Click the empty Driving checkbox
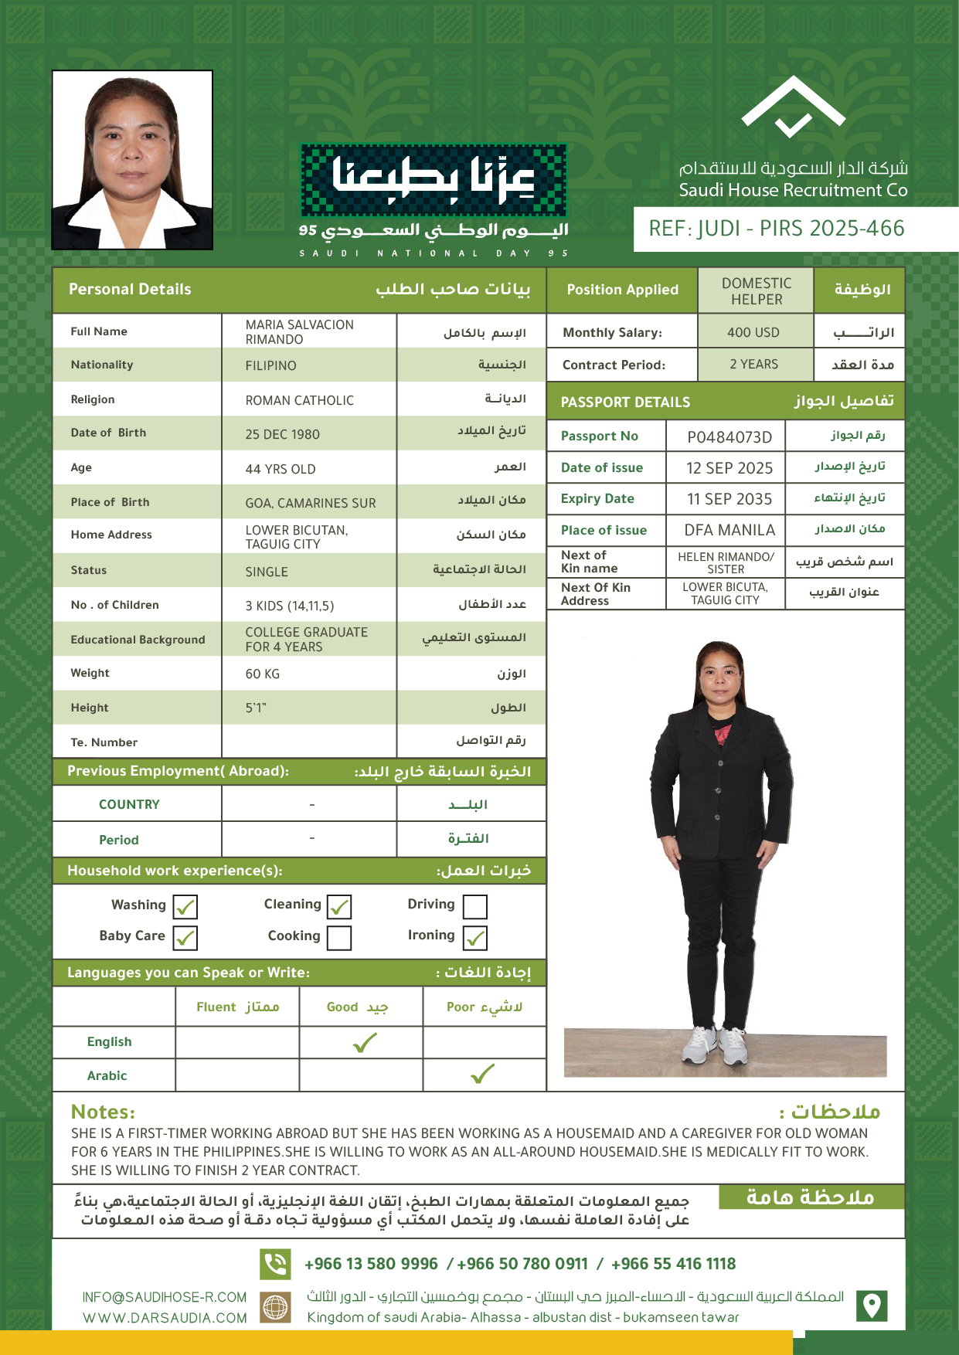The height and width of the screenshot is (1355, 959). (x=474, y=906)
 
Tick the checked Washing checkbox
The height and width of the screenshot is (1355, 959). (x=185, y=906)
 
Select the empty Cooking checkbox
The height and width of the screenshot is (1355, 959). (x=338, y=938)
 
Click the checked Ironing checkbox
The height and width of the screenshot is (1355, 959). (x=474, y=938)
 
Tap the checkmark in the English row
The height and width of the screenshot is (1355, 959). (x=364, y=1043)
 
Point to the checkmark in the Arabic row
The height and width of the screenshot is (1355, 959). (x=482, y=1074)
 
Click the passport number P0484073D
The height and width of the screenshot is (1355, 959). (x=729, y=437)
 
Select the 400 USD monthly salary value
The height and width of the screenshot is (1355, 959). (x=753, y=333)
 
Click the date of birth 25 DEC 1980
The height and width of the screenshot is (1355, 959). (x=282, y=434)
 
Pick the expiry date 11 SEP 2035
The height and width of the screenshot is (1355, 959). (x=729, y=499)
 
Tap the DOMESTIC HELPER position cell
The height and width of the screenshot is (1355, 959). (x=756, y=291)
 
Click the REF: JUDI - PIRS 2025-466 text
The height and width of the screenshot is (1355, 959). (x=776, y=229)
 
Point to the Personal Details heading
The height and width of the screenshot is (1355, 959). (x=130, y=290)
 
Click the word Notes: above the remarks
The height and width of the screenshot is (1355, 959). (x=103, y=1112)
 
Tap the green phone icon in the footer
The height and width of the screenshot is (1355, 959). (x=275, y=1264)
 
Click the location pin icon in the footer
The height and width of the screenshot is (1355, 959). (x=872, y=1306)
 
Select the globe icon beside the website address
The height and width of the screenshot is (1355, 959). (x=275, y=1307)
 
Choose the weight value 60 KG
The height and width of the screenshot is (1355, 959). (x=263, y=674)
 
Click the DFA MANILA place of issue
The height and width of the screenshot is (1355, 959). (x=729, y=530)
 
